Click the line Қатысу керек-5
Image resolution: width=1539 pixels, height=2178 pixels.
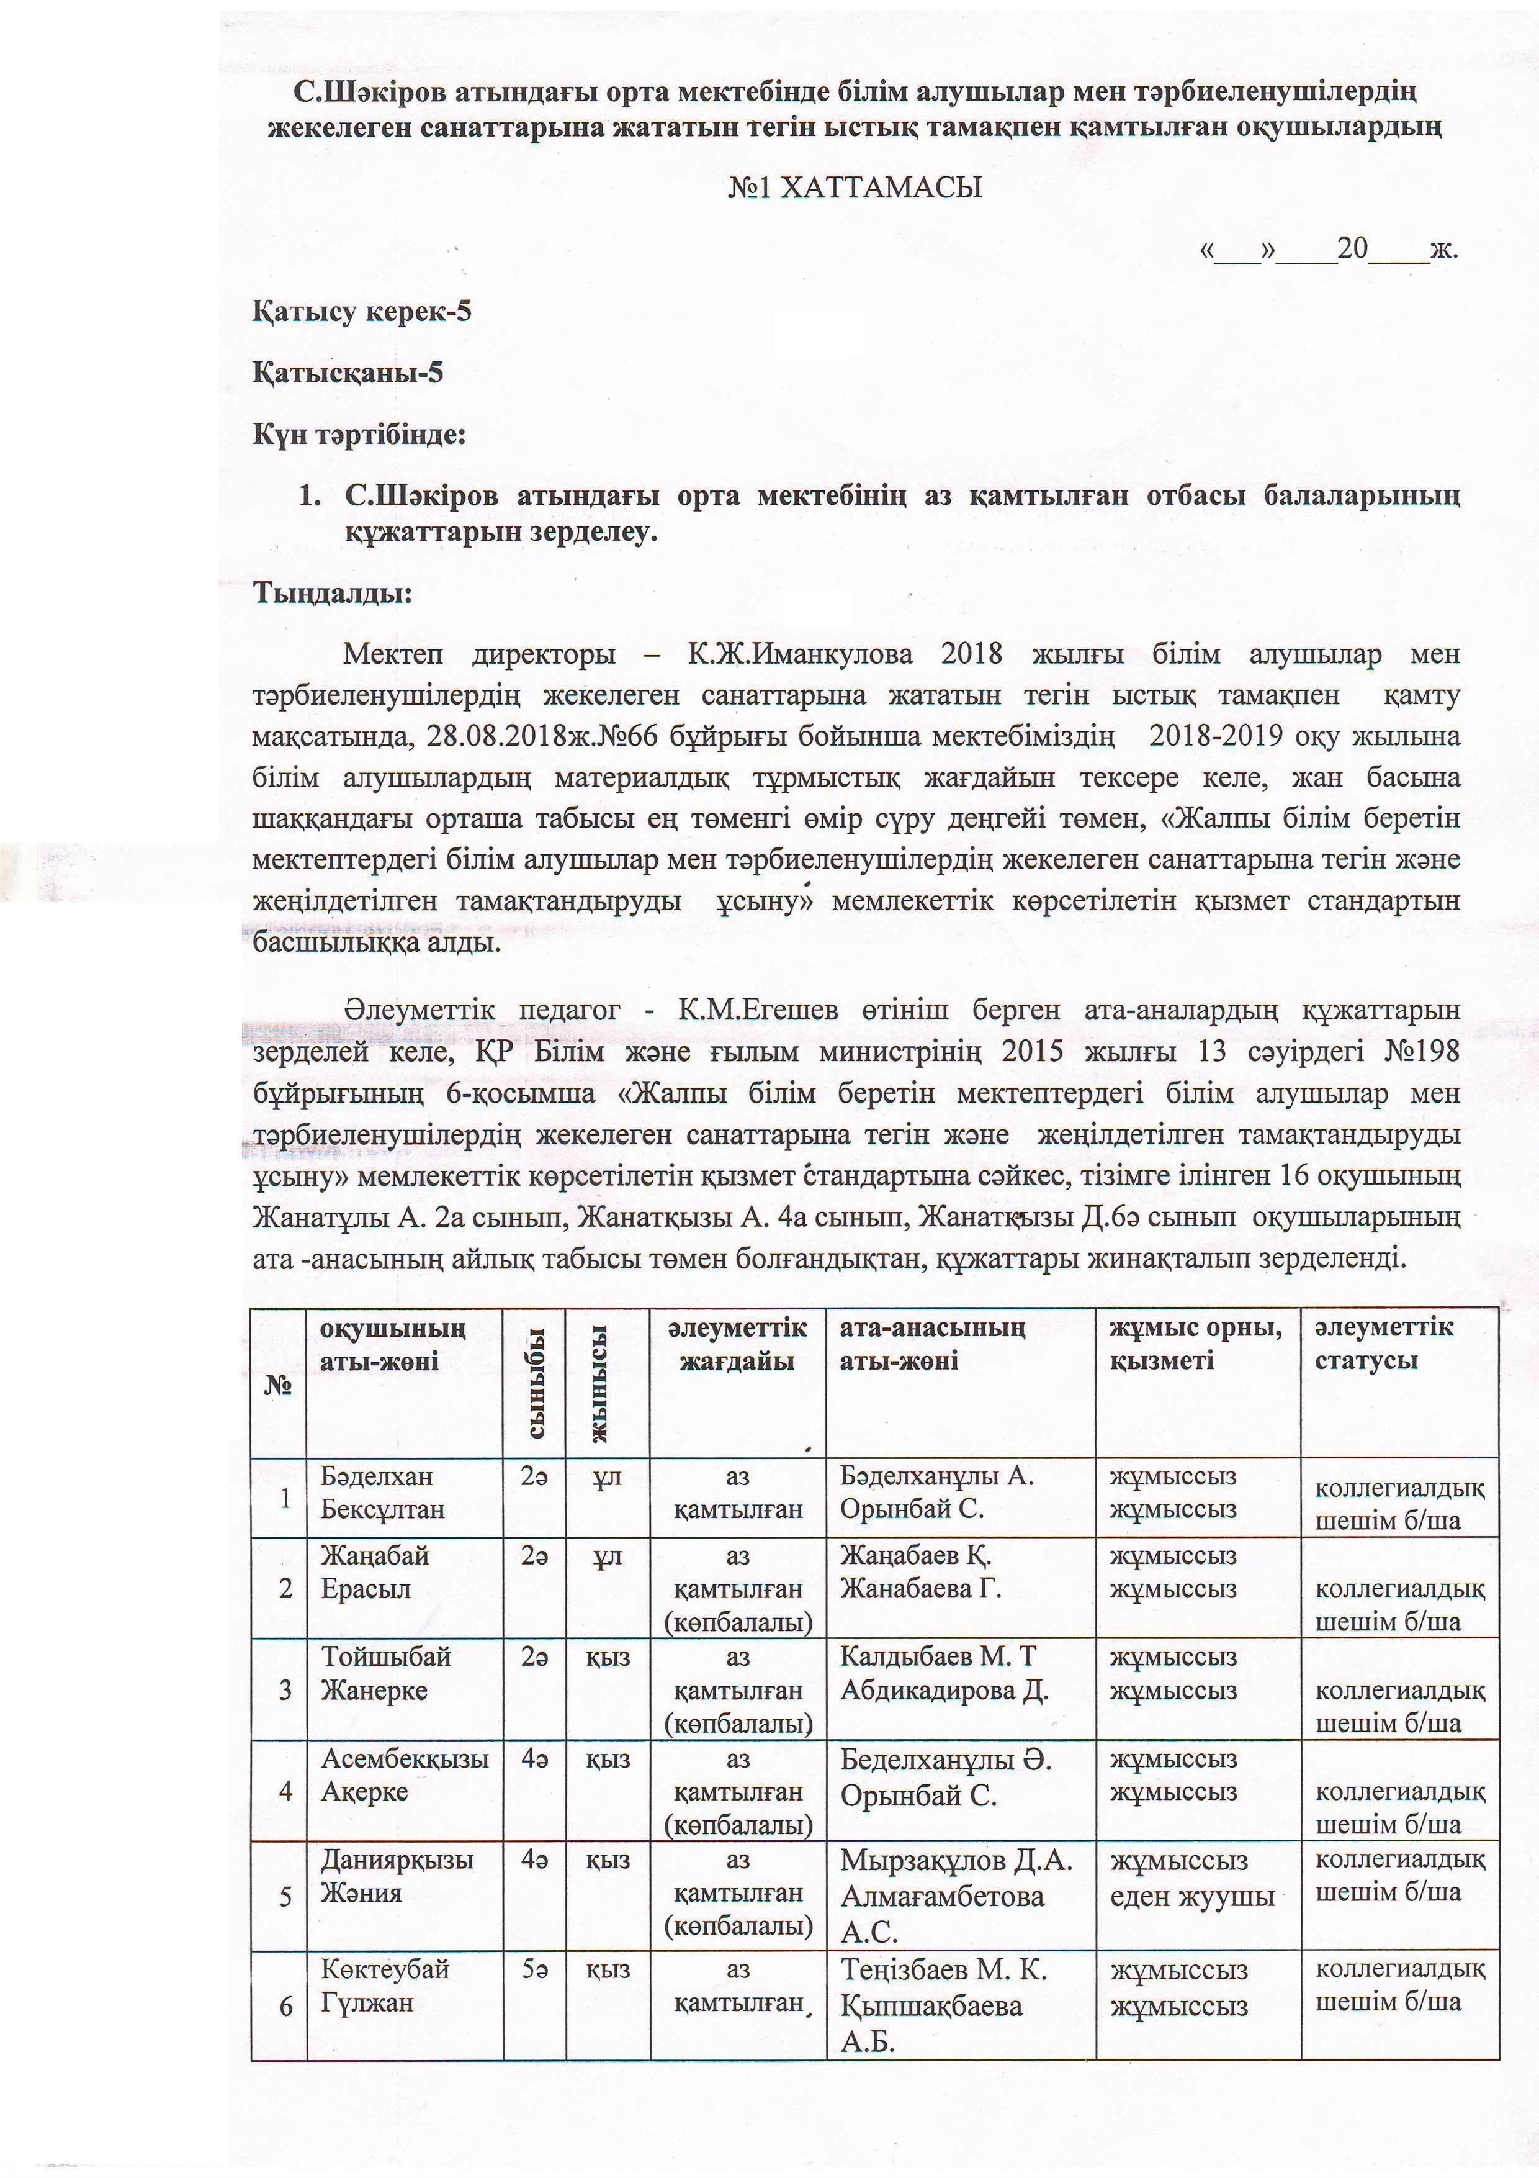coord(361,312)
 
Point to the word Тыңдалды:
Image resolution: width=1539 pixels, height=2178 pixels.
coord(332,593)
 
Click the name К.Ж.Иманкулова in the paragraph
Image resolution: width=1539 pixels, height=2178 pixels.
coord(801,654)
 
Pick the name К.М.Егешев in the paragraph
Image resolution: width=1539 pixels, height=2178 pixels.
coord(756,1010)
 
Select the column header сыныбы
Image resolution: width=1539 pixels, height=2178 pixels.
coord(535,1383)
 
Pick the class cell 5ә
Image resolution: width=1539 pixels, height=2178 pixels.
coord(535,1968)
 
